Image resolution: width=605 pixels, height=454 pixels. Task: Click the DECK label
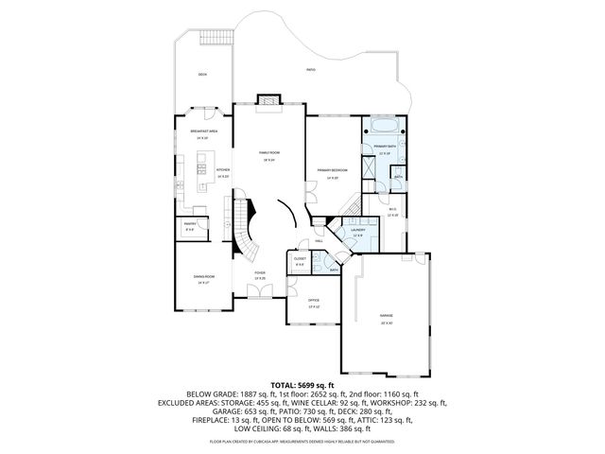202,75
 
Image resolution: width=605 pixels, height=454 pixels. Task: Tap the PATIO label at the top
311,70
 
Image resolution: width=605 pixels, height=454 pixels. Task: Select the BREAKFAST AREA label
204,131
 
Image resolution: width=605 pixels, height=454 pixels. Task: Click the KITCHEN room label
223,171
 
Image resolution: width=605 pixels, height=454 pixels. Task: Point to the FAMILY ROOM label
271,153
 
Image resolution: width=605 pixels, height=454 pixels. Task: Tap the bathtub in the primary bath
384,125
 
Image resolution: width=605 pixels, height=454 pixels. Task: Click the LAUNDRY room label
357,230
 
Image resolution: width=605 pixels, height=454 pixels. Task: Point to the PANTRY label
189,224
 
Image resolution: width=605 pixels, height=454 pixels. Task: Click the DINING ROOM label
203,277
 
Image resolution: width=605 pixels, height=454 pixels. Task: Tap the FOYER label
259,273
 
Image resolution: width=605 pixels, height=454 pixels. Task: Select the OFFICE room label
313,301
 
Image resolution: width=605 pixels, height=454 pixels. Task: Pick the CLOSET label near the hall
300,259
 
